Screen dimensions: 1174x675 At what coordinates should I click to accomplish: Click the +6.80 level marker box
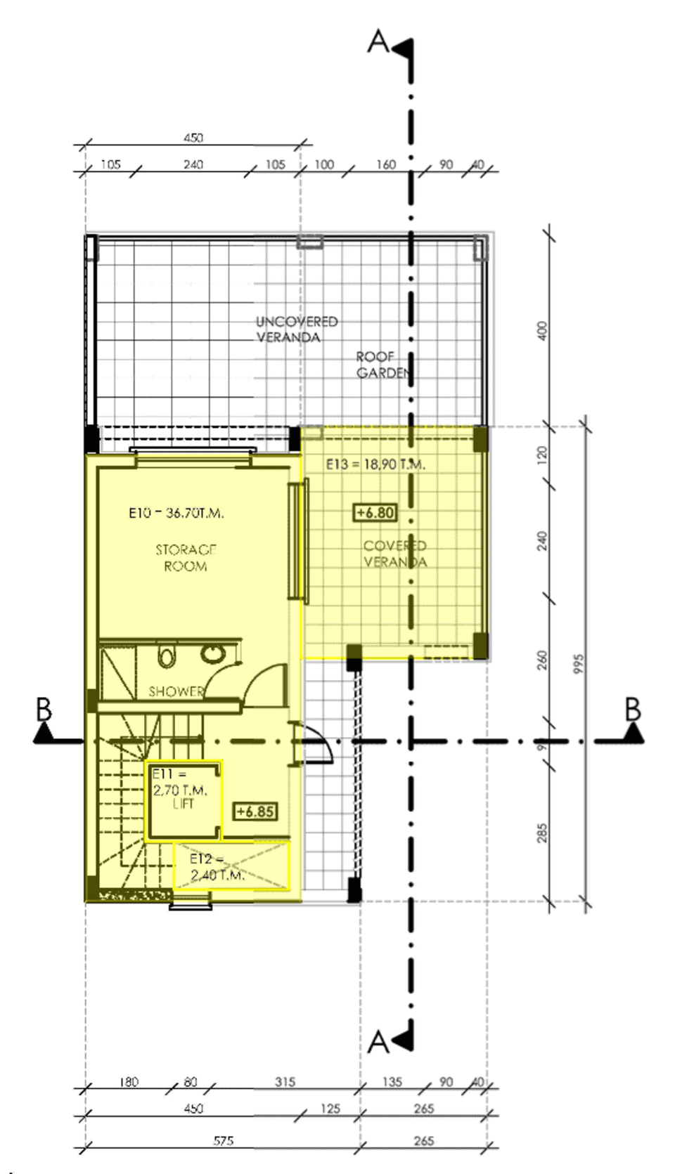[x=375, y=513]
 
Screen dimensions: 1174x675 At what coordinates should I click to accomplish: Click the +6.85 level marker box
[x=255, y=811]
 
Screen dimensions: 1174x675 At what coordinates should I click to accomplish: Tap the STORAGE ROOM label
[x=186, y=558]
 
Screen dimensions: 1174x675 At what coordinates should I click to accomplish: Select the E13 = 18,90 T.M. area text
[x=375, y=464]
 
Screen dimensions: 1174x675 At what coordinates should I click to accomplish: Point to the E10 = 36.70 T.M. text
[x=176, y=513]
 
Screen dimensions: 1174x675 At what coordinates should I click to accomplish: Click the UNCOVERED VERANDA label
[x=296, y=329]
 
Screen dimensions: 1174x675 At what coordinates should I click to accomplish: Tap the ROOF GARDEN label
[x=382, y=365]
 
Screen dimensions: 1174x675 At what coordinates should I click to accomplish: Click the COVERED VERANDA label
[x=394, y=554]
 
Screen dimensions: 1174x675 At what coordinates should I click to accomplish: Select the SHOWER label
[x=176, y=691]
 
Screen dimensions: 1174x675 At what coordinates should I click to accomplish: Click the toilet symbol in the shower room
[x=166, y=657]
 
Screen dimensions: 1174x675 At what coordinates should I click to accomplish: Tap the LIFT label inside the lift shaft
[x=183, y=804]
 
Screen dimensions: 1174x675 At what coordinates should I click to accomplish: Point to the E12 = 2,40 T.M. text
[x=217, y=867]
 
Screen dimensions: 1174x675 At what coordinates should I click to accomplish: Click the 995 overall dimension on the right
[x=579, y=664]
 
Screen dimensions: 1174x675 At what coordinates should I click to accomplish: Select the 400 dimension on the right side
[x=541, y=330]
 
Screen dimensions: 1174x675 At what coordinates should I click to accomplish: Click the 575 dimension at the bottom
[x=223, y=1141]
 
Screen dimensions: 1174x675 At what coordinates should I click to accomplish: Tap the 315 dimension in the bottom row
[x=285, y=1082]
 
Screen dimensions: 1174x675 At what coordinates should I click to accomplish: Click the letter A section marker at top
[x=378, y=42]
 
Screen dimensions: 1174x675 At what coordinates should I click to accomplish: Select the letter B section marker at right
[x=632, y=710]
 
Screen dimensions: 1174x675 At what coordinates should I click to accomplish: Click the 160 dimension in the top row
[x=385, y=164]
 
